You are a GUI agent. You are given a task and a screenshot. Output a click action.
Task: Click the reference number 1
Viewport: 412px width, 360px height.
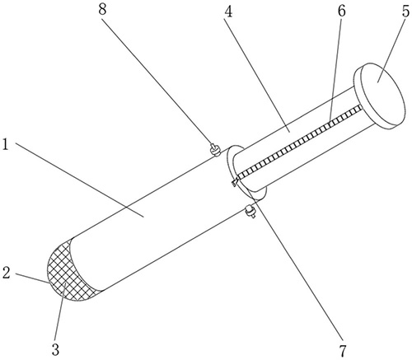pos(5,144)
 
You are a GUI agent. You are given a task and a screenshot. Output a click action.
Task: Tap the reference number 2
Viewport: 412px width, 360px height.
pos(7,273)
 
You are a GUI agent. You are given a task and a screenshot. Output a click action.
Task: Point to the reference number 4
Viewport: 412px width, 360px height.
pos(227,12)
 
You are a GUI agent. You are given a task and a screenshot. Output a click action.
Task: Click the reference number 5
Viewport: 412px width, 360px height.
pos(405,11)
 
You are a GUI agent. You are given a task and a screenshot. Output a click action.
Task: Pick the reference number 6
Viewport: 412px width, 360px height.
pos(341,11)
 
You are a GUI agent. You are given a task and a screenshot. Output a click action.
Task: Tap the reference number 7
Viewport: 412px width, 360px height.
pos(343,350)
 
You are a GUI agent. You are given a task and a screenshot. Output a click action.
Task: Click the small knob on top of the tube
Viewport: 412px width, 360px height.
pos(215,150)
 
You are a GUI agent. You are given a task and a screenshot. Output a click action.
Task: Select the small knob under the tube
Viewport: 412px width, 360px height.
pos(250,212)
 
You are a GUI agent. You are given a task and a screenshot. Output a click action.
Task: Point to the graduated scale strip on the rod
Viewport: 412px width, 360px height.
pos(299,142)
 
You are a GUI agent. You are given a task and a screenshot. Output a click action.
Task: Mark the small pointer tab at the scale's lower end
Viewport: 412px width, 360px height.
pos(235,182)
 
